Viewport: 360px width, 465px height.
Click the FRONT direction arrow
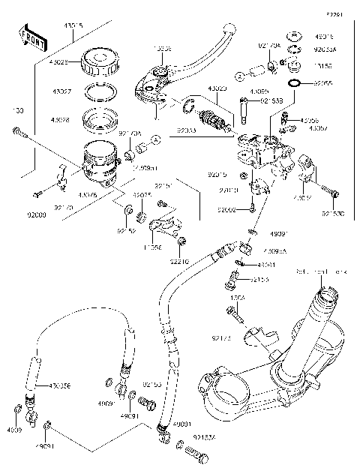point(28,37)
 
